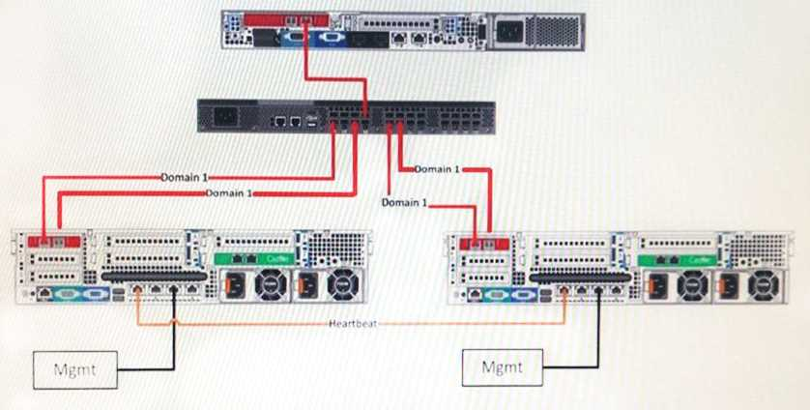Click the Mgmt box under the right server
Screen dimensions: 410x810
[502, 366]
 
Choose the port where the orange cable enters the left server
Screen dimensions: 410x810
[141, 288]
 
